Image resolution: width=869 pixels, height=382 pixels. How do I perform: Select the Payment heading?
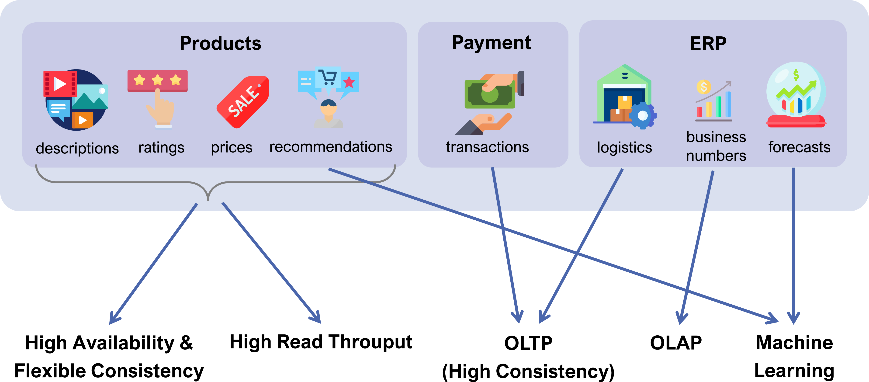pos(491,43)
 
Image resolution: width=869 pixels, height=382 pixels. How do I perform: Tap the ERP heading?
pos(708,44)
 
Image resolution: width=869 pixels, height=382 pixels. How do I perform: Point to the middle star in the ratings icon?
pos(158,80)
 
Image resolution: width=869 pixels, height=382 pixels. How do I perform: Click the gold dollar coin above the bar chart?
pos(704,87)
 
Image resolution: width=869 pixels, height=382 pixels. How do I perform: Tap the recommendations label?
pos(331,147)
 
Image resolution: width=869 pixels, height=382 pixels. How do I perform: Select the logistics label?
pos(624,147)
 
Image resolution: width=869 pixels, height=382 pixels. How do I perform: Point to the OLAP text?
pos(676,343)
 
